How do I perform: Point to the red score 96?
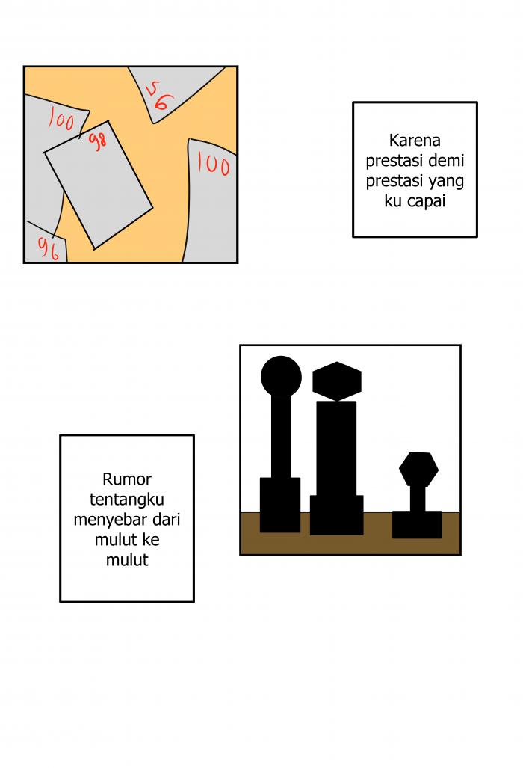pos(49,248)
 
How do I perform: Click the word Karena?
pos(415,141)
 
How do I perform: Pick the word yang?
pos(446,182)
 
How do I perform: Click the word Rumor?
pos(127,479)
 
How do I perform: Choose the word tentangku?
pos(127,500)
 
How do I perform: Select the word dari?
pos(167,519)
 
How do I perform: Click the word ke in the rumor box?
pos(151,540)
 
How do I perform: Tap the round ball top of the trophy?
pos(281,377)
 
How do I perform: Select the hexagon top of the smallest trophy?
pos(418,469)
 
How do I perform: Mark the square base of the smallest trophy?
pos(418,524)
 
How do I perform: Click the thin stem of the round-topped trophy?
pos(281,437)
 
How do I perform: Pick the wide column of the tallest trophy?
pos(337,449)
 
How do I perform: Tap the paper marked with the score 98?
pos(99,185)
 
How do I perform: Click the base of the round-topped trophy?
pos(280,505)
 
